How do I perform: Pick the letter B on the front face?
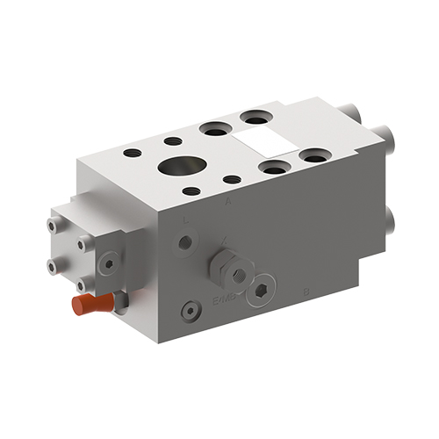coord(305,290)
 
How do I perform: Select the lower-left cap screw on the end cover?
coord(54,266)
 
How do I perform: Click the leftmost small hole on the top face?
coord(132,153)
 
